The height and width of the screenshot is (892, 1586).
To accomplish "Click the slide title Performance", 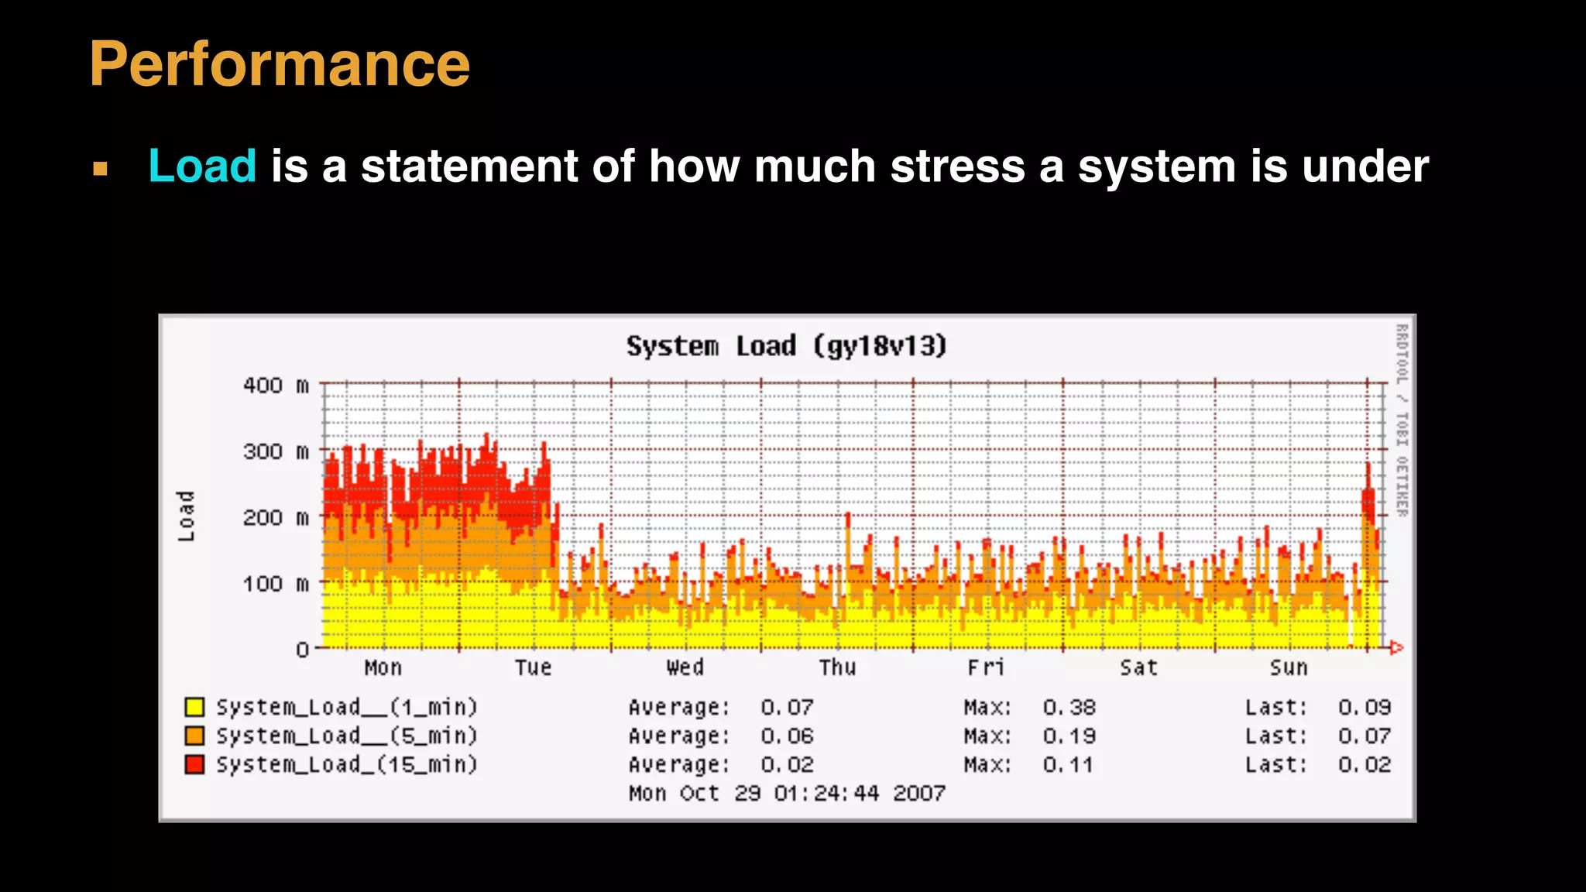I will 280,63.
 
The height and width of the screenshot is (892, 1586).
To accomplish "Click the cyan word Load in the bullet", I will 202,166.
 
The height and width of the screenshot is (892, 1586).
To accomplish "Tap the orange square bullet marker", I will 100,169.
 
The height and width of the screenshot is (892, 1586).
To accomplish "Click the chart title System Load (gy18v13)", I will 786,345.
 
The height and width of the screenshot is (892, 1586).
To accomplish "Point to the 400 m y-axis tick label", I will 275,386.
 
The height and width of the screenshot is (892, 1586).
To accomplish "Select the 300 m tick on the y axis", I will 275,451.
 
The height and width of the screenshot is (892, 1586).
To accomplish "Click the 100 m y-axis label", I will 275,583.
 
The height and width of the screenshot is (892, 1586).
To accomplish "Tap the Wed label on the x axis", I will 685,667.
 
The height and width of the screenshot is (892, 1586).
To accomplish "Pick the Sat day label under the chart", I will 1138,667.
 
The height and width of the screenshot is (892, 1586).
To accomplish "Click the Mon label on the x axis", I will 383,667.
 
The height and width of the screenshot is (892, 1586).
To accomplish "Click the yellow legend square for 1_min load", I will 194,707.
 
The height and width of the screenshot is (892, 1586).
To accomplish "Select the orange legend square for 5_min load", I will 194,736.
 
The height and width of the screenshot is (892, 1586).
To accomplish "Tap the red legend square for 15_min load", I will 194,764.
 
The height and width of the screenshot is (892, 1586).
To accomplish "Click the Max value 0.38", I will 1069,708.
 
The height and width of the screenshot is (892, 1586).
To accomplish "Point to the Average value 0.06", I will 787,736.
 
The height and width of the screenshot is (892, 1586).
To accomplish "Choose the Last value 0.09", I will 1365,708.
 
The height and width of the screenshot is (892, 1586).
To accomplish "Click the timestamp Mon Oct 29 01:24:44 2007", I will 787,793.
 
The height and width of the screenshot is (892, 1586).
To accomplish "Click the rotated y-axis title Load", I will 186,516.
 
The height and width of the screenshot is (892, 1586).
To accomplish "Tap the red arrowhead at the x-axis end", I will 1396,647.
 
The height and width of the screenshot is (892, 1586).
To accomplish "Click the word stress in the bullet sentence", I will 957,166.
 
